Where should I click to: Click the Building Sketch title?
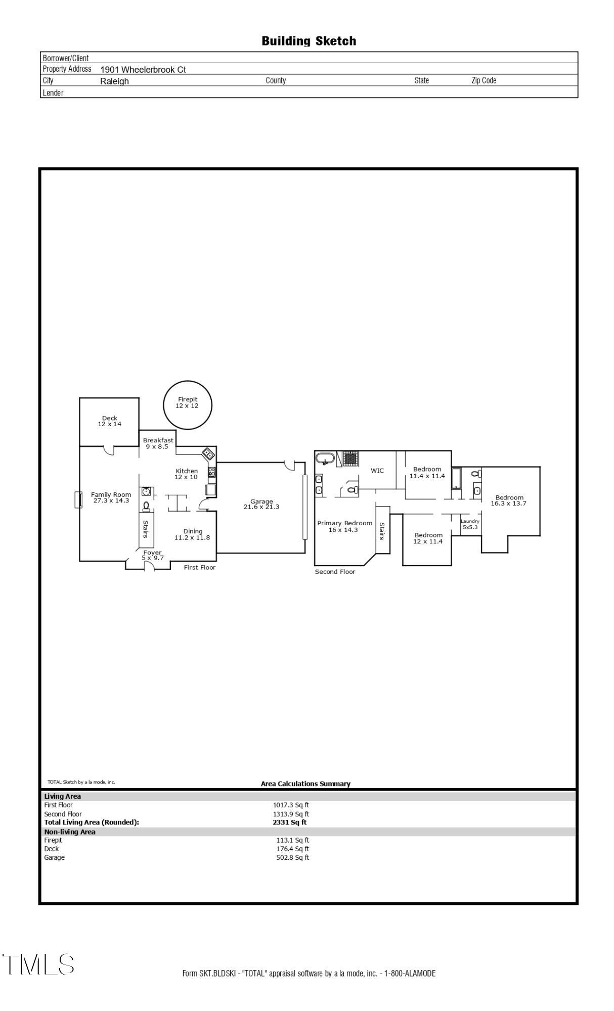[309, 41]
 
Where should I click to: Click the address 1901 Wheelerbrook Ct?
[143, 70]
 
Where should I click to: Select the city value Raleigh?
[114, 81]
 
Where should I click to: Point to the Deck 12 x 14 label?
[110, 421]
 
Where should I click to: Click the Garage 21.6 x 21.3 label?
[261, 504]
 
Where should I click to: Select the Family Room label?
[111, 497]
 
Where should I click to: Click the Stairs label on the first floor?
[146, 529]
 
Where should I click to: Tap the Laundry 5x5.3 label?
[470, 524]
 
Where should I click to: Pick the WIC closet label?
[377, 471]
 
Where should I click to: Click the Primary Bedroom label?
[344, 526]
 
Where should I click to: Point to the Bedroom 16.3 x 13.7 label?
[509, 500]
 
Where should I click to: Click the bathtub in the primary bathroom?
[325, 459]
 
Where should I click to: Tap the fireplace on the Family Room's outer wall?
[78, 499]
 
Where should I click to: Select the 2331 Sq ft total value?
[289, 822]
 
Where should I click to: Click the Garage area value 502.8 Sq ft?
[292, 858]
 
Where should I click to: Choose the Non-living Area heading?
[70, 832]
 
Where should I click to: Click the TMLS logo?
[38, 964]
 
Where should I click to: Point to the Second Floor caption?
[335, 572]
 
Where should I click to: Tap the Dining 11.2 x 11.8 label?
[192, 534]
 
